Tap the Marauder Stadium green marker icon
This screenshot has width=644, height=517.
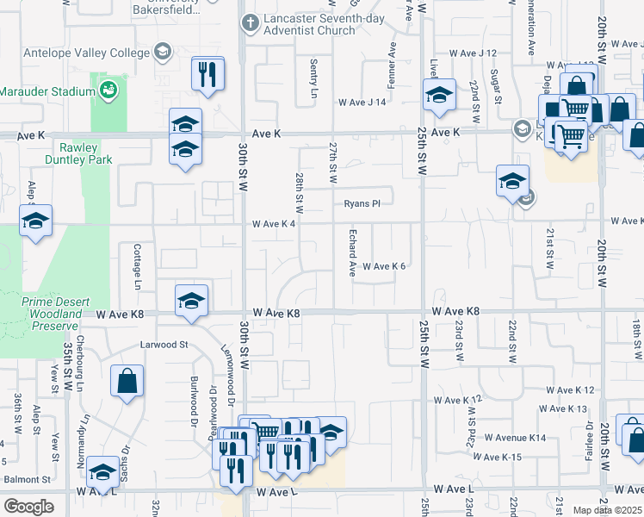(108, 89)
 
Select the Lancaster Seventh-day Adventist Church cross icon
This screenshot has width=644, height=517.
(250, 23)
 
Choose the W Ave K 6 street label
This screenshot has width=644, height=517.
(383, 266)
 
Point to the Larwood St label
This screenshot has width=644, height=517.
(164, 345)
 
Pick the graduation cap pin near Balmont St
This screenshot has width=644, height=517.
(102, 472)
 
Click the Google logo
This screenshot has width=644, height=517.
(28, 507)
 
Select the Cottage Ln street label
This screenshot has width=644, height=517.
(137, 265)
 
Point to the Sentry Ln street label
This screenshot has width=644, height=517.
(314, 78)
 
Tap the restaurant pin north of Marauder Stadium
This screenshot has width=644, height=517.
(207, 73)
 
